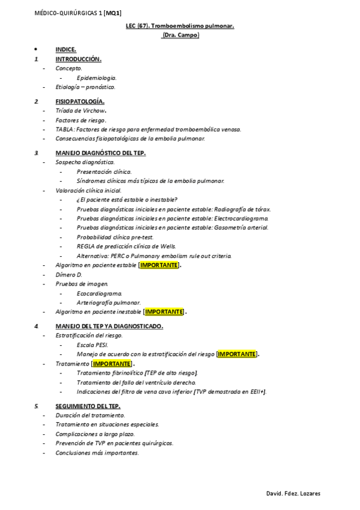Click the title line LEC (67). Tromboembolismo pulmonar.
180,26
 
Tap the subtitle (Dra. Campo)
180,35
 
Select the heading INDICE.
66,49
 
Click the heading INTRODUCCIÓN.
78,59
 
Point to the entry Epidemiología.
97,78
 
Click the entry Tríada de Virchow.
81,111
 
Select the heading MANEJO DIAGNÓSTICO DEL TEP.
100,153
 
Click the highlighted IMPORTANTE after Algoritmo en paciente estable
159,265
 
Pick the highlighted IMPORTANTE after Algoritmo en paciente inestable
164,312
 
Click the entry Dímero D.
69,274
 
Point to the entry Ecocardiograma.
99,293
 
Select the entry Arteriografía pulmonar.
109,303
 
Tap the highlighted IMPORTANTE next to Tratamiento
112,364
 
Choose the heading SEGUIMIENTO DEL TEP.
87,406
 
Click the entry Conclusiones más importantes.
97,452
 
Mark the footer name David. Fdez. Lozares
293,493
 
